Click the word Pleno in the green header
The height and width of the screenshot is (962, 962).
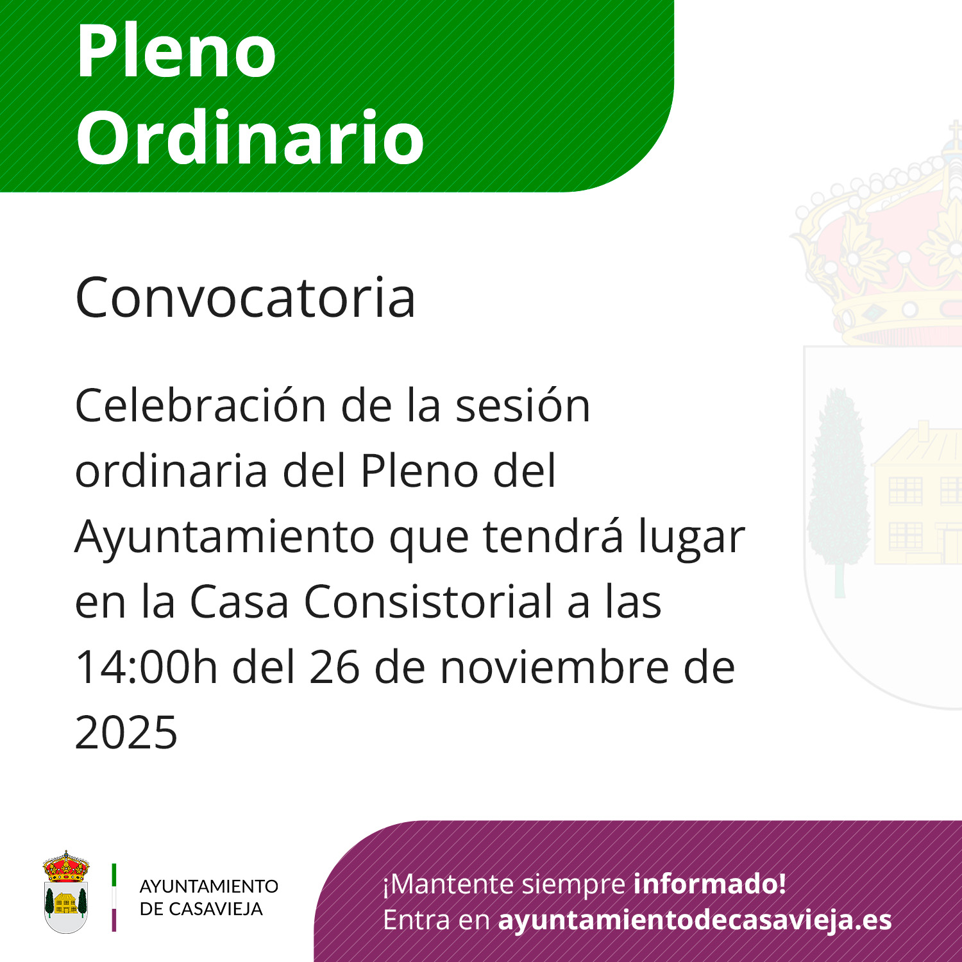[176, 51]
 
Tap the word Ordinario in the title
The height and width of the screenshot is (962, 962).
[250, 137]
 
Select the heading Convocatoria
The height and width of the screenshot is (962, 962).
[246, 297]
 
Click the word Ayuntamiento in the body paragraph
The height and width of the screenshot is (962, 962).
[224, 537]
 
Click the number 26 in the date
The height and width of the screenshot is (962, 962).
[334, 668]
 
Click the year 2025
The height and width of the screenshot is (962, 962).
[126, 732]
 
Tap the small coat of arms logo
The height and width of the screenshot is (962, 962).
[66, 892]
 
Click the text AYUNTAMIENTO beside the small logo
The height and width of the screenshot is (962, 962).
[209, 886]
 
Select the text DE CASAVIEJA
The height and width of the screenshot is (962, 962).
[201, 909]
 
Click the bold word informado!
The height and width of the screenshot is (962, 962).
[710, 884]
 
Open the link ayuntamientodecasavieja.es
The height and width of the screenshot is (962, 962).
[695, 920]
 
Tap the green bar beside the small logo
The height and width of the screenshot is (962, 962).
[114, 875]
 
